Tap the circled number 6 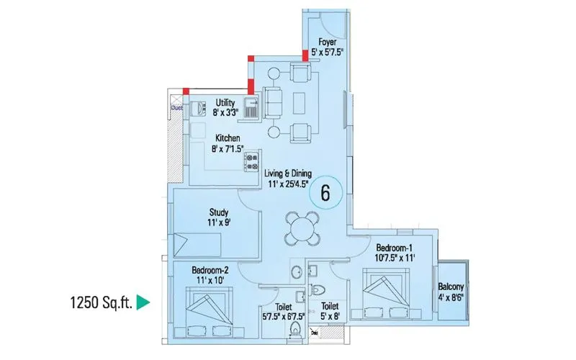[325, 193]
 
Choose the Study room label [218, 212]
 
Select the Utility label [225, 103]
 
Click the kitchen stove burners [252, 163]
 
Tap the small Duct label [176, 107]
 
